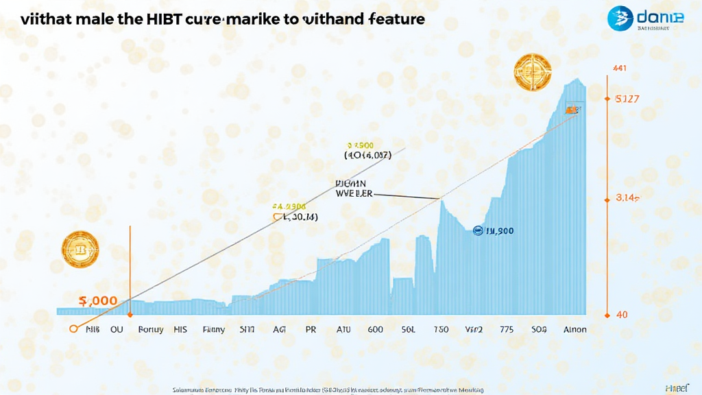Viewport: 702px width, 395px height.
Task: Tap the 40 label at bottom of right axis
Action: click(x=622, y=315)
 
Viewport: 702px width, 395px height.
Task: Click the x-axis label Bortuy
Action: click(x=151, y=329)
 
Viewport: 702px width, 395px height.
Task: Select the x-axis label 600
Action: click(x=375, y=329)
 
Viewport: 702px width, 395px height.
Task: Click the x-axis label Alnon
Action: click(x=574, y=329)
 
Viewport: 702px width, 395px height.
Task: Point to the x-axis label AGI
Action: click(x=279, y=329)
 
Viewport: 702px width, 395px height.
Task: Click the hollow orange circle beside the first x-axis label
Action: click(x=73, y=329)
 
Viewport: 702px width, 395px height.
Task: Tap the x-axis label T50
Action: click(x=441, y=329)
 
